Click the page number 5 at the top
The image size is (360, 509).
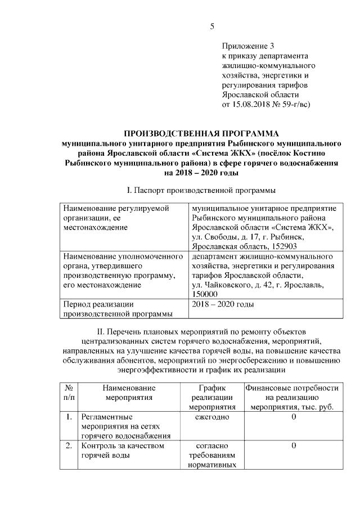(x=212, y=26)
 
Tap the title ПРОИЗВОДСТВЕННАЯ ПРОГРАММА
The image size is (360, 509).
(x=201, y=133)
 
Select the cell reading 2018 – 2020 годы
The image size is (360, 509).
(x=223, y=304)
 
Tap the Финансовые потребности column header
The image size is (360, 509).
(x=292, y=397)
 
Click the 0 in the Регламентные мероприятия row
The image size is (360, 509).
(x=294, y=417)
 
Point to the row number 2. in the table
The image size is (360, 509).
(x=68, y=446)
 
